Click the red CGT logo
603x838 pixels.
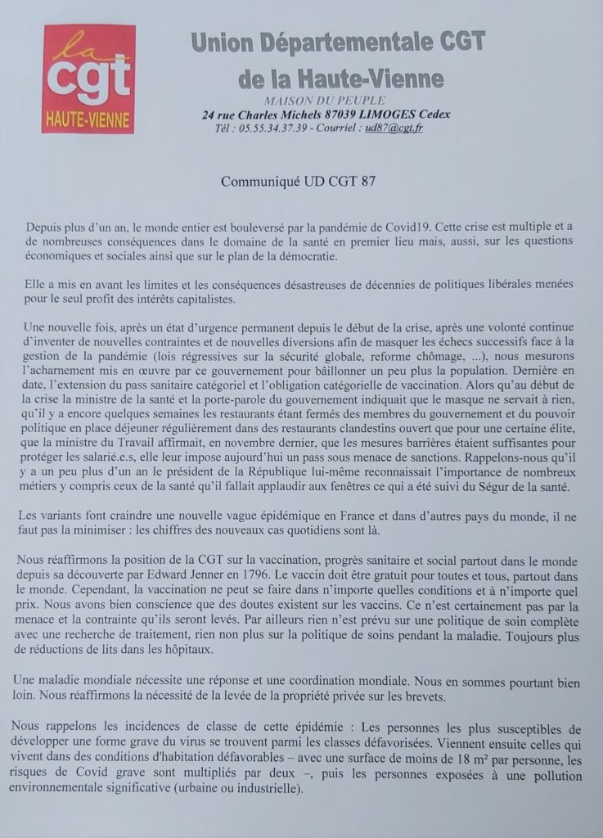coord(88,79)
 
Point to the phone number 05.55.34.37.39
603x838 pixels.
coord(273,128)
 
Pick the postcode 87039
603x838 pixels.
coord(337,115)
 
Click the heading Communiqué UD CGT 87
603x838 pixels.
coord(301,182)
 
